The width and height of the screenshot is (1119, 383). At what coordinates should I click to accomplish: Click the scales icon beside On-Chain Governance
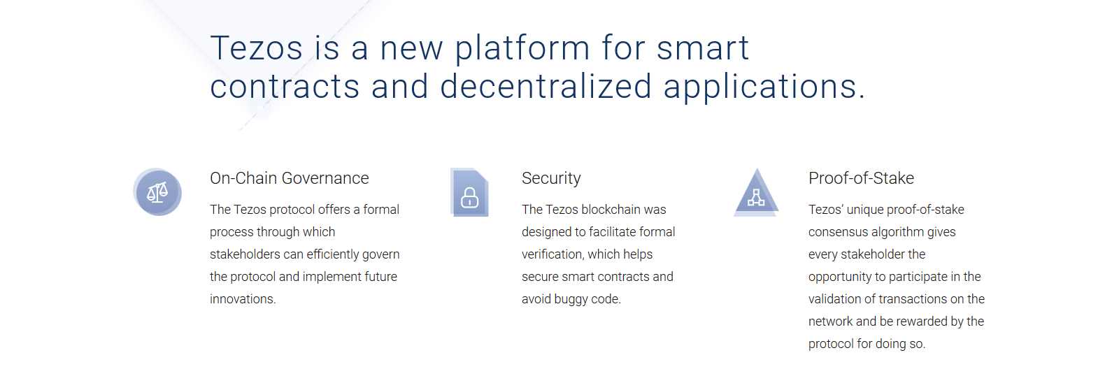coord(157,192)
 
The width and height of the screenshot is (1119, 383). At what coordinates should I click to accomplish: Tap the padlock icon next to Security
coord(469,192)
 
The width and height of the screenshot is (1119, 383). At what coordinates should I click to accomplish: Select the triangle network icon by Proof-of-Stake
coord(756,193)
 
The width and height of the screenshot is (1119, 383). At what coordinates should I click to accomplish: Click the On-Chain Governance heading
coord(290,178)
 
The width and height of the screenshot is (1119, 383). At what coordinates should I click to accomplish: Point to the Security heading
coord(551,179)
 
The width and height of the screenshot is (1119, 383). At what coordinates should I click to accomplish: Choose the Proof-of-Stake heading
coord(861,178)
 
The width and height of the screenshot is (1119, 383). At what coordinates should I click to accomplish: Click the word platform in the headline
coord(522,49)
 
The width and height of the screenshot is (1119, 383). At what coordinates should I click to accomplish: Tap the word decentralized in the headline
coord(546,87)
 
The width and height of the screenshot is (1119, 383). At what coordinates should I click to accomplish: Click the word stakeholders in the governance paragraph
coord(245,254)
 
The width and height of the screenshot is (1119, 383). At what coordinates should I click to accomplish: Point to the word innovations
coord(242,299)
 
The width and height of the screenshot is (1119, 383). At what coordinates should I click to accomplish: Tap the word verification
coord(552,254)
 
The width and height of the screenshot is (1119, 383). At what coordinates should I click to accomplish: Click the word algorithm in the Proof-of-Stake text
coord(900,232)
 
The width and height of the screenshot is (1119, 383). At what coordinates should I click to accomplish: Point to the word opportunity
coord(839,277)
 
